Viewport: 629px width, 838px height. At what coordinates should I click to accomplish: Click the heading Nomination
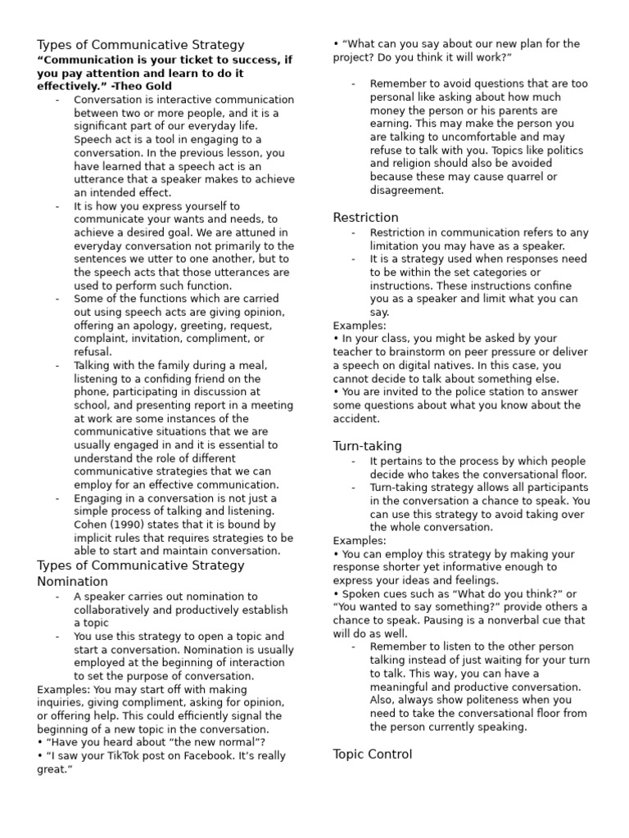(x=72, y=581)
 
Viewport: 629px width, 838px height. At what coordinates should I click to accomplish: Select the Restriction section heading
(x=365, y=218)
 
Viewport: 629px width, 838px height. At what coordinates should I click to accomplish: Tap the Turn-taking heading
(x=367, y=446)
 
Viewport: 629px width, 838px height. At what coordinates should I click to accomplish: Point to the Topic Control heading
(x=373, y=754)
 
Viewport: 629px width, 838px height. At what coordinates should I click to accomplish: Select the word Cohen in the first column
(x=92, y=525)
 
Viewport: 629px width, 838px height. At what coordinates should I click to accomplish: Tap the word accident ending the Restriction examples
(x=356, y=418)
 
